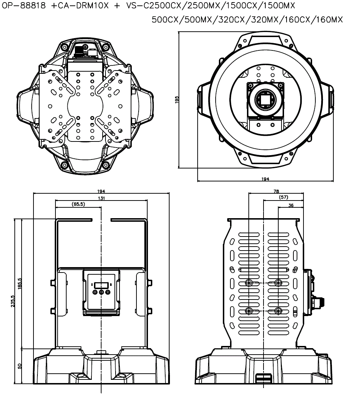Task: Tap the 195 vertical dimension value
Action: pos(177,100)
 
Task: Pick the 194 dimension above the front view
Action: pos(101,192)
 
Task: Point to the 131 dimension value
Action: pos(101,198)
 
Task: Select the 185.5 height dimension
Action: pos(20,283)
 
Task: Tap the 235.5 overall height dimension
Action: pos(13,301)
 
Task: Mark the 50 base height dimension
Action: pos(20,366)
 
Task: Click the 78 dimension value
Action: pos(276,192)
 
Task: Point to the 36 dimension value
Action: pos(291,205)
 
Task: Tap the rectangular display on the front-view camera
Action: pos(101,284)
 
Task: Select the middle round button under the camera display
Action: pos(101,292)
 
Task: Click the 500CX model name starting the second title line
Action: pos(167,20)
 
